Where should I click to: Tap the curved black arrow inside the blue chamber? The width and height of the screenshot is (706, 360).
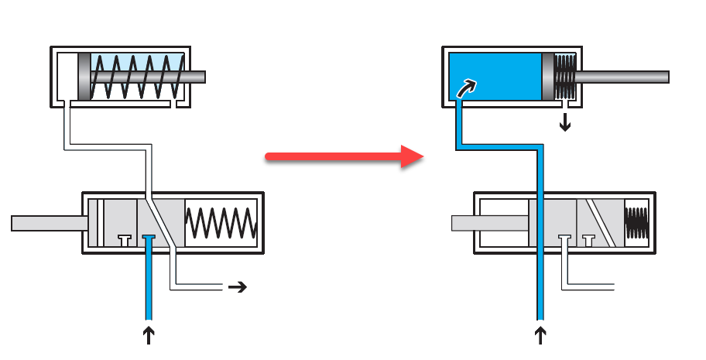click(467, 87)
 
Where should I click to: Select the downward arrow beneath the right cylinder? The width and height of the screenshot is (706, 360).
click(565, 122)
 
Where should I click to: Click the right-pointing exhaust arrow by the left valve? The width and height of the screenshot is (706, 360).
click(237, 287)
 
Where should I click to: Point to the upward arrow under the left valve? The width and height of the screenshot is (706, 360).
click(149, 334)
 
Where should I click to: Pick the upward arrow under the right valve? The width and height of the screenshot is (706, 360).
click(540, 334)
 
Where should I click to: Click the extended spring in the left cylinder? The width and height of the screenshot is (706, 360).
click(136, 77)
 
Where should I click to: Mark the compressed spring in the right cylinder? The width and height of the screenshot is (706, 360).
click(566, 77)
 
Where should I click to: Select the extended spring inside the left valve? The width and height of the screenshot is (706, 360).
click(221, 223)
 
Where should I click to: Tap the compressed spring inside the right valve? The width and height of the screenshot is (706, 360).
click(636, 223)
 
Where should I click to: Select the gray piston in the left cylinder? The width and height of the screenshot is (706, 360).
click(84, 77)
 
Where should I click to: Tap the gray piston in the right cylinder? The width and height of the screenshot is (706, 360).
click(547, 77)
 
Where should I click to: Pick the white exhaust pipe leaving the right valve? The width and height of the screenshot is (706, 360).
click(592, 286)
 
